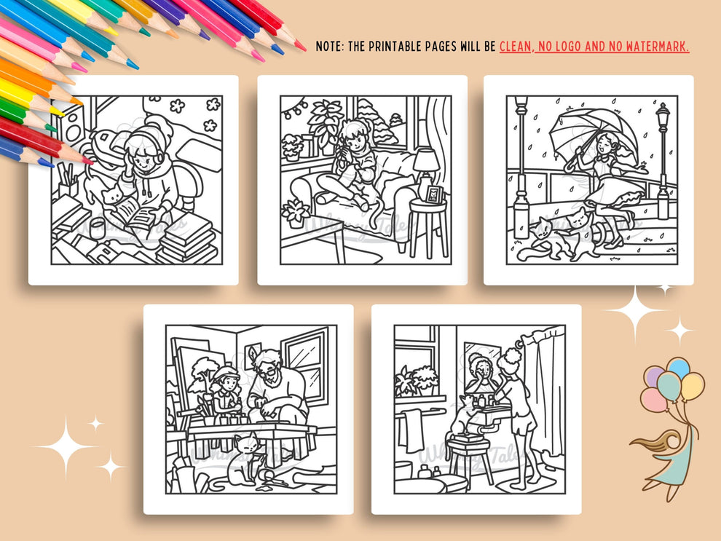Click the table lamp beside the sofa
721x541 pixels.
pos(425,164)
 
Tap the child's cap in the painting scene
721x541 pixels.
pos(226,373)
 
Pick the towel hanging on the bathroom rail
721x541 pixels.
pos(412,430)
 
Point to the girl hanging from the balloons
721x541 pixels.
pos(670,451)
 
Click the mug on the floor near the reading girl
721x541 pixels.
pos(98,228)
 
